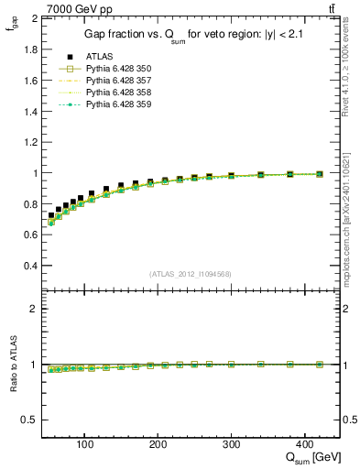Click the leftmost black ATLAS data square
point(51,215)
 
